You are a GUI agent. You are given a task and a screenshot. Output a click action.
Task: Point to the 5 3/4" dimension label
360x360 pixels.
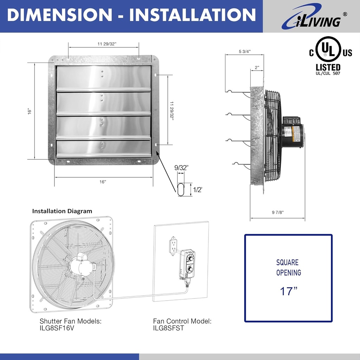[244, 52]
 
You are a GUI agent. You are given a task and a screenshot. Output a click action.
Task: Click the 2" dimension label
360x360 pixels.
[257, 67]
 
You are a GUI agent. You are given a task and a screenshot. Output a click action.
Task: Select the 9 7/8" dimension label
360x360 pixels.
[277, 212]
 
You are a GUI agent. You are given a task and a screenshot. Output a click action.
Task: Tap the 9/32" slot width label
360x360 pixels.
[181, 168]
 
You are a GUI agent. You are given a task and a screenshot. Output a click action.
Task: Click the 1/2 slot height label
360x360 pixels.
[198, 189]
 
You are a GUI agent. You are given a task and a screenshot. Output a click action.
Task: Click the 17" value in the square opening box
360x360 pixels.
[289, 291]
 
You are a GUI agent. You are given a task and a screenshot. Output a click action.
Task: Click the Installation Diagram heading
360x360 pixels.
[62, 211]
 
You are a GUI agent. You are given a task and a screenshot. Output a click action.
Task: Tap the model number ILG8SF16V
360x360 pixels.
[57, 328]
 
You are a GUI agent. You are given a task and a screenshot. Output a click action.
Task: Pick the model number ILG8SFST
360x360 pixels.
[168, 328]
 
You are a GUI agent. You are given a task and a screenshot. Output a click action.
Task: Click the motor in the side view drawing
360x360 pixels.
[292, 132]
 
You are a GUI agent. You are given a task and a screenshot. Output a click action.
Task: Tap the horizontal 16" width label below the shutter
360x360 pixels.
[103, 182]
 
